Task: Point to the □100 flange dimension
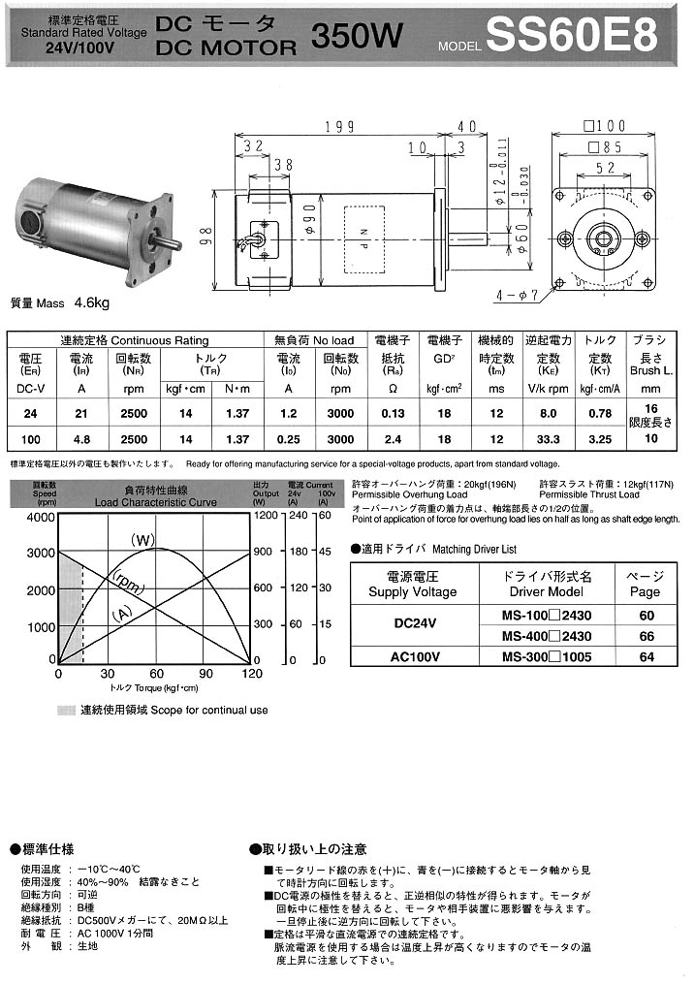606,126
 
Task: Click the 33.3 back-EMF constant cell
549,438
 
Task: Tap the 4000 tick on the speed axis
40,517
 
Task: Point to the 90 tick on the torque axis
205,674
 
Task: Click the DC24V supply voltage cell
414,625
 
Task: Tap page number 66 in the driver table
647,636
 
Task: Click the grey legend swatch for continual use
66,711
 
